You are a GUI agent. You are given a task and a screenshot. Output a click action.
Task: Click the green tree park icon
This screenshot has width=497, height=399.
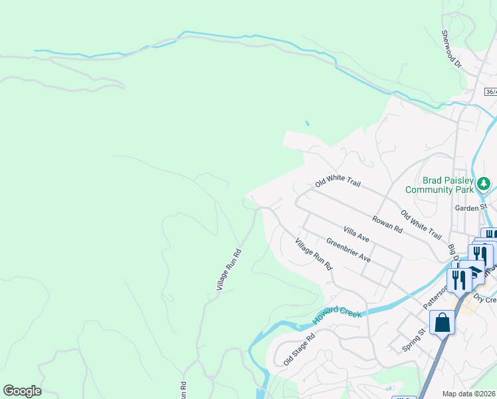pos(485,182)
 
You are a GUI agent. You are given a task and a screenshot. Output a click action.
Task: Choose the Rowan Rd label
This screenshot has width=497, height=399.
pos(387,224)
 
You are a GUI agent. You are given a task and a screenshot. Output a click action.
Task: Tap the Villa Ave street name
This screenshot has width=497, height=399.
pos(356,233)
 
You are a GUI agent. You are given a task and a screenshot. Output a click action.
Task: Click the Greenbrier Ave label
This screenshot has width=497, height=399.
pos(348,249)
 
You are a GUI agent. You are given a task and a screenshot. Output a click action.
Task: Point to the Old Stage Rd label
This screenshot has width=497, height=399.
pos(298,350)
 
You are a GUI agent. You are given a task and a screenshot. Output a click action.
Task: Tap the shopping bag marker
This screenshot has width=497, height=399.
pos(442,323)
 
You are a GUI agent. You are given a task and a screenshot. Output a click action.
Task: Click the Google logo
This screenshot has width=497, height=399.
pos(22,391)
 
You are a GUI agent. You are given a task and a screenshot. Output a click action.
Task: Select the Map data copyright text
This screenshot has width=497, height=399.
pos(468,394)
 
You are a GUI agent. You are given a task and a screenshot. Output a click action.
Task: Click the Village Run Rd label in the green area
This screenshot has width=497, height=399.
pos(227,269)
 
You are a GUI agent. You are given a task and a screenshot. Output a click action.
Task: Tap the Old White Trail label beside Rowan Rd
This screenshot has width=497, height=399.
pos(421,225)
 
